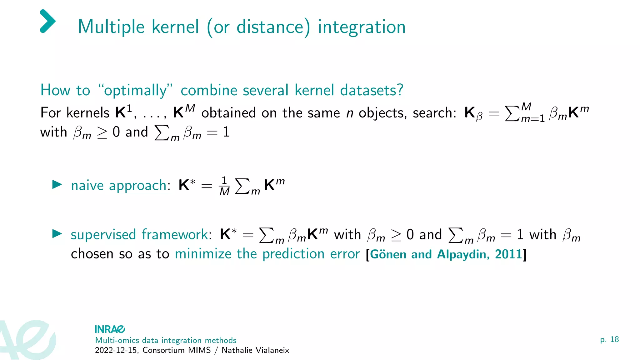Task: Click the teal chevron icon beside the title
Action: tap(48, 21)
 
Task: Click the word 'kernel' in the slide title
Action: tap(175, 27)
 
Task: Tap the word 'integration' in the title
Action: tap(362, 27)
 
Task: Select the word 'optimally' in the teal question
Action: tap(135, 91)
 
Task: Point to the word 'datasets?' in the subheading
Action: tap(372, 90)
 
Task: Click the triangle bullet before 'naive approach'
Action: tap(57, 184)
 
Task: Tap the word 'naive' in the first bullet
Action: tap(87, 185)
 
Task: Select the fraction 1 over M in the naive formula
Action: tap(224, 186)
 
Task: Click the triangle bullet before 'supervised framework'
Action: tap(57, 233)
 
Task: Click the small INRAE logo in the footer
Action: tap(110, 329)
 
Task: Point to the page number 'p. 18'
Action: tap(609, 339)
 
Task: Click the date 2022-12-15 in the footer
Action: tap(116, 350)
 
